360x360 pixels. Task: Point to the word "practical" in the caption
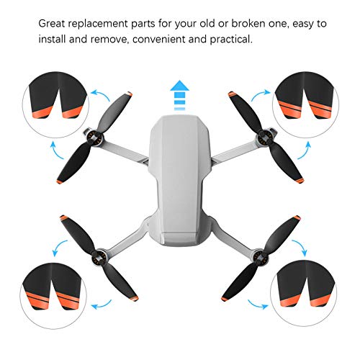point(231,40)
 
